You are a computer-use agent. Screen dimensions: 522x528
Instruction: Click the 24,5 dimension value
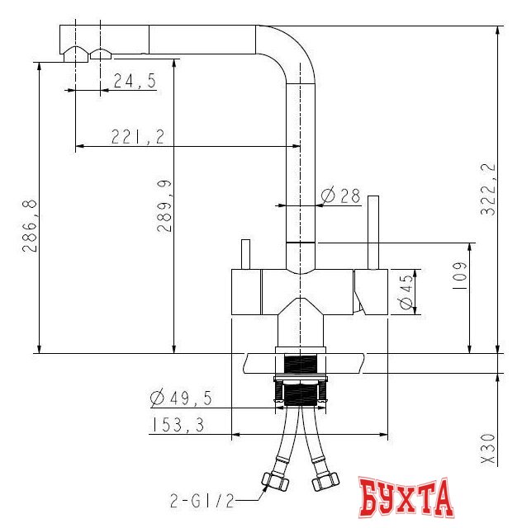coord(135,81)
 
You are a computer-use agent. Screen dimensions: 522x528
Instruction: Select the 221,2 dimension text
coord(138,137)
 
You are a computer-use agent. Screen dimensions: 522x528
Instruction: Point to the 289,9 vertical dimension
coord(164,206)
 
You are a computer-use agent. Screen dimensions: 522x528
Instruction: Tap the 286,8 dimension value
coord(30,225)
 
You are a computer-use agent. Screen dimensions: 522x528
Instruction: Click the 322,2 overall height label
coord(488,189)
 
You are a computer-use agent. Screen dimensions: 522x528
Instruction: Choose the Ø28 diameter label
coord(340,195)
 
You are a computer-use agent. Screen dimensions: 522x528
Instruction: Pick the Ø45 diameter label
coord(406,291)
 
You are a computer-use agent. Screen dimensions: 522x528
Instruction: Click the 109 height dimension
coord(459,277)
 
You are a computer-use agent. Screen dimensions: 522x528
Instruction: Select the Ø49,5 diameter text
coord(181,398)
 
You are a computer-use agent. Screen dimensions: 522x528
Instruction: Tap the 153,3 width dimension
coord(178,425)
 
